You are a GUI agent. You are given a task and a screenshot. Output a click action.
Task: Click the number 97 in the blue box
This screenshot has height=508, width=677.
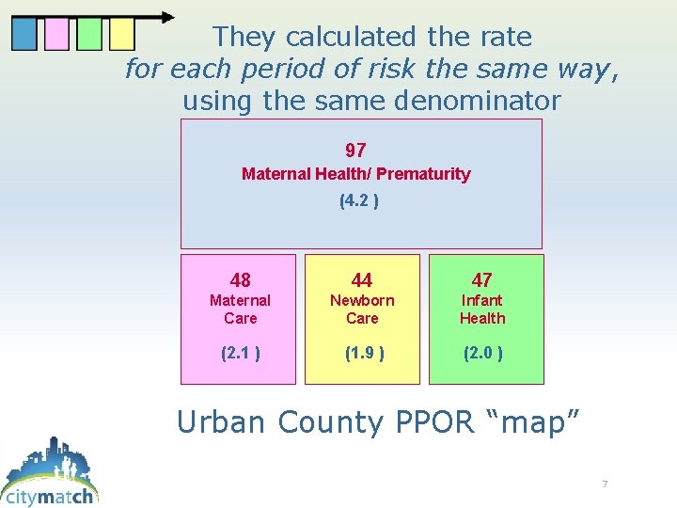(355, 151)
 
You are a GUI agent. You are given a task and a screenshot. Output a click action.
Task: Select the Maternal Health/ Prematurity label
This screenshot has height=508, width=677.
(355, 174)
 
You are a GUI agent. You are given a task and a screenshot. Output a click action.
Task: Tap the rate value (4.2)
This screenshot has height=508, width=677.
(358, 200)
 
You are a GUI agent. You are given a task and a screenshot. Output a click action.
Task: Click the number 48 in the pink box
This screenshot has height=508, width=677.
(240, 280)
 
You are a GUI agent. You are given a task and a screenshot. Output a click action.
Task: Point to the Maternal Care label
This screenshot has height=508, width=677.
(240, 310)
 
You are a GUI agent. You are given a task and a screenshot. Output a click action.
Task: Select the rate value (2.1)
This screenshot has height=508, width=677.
(240, 354)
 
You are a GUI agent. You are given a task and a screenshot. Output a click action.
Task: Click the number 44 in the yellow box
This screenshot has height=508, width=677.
(362, 280)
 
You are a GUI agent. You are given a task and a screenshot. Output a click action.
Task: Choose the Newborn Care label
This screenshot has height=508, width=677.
(362, 310)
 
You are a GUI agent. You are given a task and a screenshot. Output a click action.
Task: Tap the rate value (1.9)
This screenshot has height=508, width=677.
(362, 354)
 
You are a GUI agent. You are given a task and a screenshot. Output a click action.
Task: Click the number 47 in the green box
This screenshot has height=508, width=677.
(482, 280)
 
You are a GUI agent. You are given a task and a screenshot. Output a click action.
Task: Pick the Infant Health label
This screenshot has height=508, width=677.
(482, 310)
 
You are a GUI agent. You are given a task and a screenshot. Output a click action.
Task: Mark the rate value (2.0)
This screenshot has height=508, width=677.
(482, 354)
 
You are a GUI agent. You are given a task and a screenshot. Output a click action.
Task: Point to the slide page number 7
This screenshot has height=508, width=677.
(605, 484)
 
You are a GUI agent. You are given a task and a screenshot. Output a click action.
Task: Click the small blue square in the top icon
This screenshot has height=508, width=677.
(24, 35)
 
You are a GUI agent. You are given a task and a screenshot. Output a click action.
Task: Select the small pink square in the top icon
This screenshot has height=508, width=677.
(57, 35)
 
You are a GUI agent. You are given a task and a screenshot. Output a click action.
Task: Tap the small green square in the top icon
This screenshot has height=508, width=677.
(89, 35)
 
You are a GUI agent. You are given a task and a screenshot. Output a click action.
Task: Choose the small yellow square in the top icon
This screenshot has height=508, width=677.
(121, 35)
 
